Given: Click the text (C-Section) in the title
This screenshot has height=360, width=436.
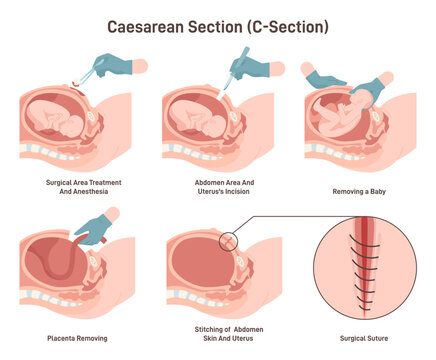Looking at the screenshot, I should click(290, 25).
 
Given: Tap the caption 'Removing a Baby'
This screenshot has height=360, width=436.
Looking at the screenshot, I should click(361, 189).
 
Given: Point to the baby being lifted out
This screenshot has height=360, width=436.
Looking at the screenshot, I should click(345, 110).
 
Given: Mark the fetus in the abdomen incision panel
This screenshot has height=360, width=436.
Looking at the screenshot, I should click(205, 115).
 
